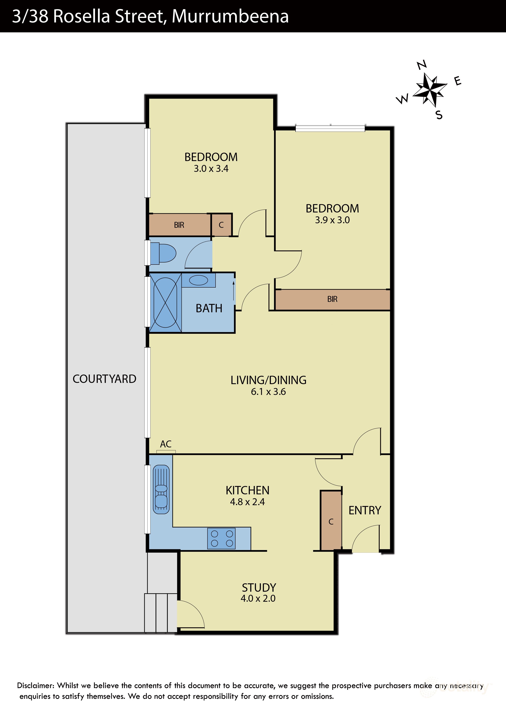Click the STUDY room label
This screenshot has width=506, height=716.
259,588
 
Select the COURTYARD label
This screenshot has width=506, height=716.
105,379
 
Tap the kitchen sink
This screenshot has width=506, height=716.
161,489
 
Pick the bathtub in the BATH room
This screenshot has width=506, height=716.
165,302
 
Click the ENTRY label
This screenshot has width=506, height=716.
365,510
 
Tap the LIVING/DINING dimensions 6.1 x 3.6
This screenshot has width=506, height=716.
268,392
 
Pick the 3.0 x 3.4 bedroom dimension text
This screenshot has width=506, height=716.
211,169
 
